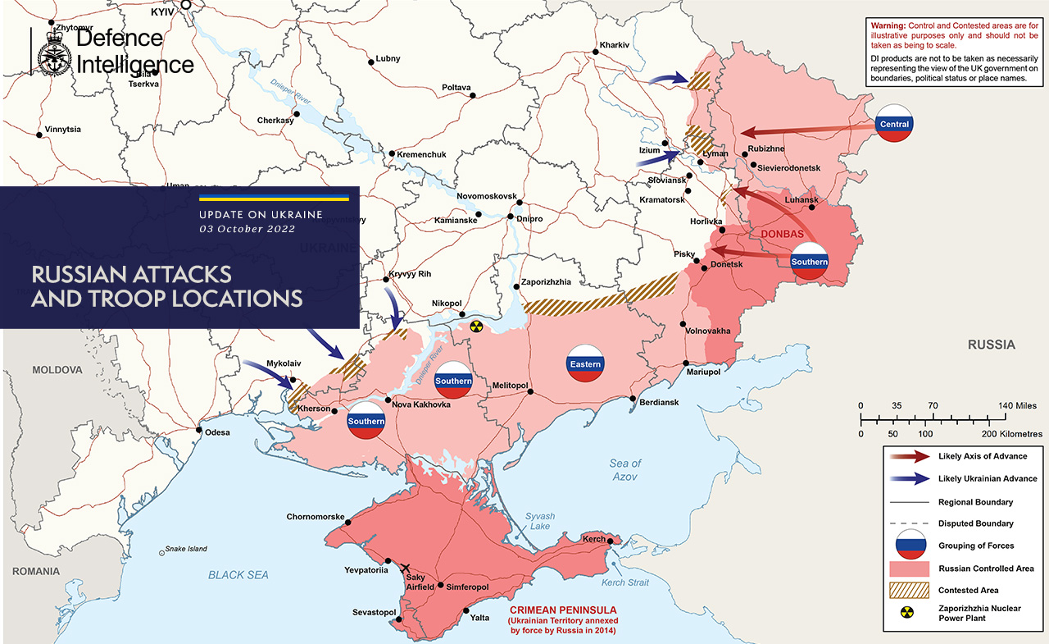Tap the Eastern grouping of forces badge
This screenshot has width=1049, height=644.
586,363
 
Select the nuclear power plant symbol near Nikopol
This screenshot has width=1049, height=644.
476,327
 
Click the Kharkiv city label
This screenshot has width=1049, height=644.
614,44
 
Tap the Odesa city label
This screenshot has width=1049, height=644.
217,432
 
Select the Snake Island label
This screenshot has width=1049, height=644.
186,549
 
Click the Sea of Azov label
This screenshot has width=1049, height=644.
625,470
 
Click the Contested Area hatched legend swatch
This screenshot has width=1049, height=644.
910,590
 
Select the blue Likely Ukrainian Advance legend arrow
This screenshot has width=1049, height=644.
910,478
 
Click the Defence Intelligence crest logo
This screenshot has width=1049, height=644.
53,52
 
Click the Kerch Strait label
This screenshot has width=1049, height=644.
624,582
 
